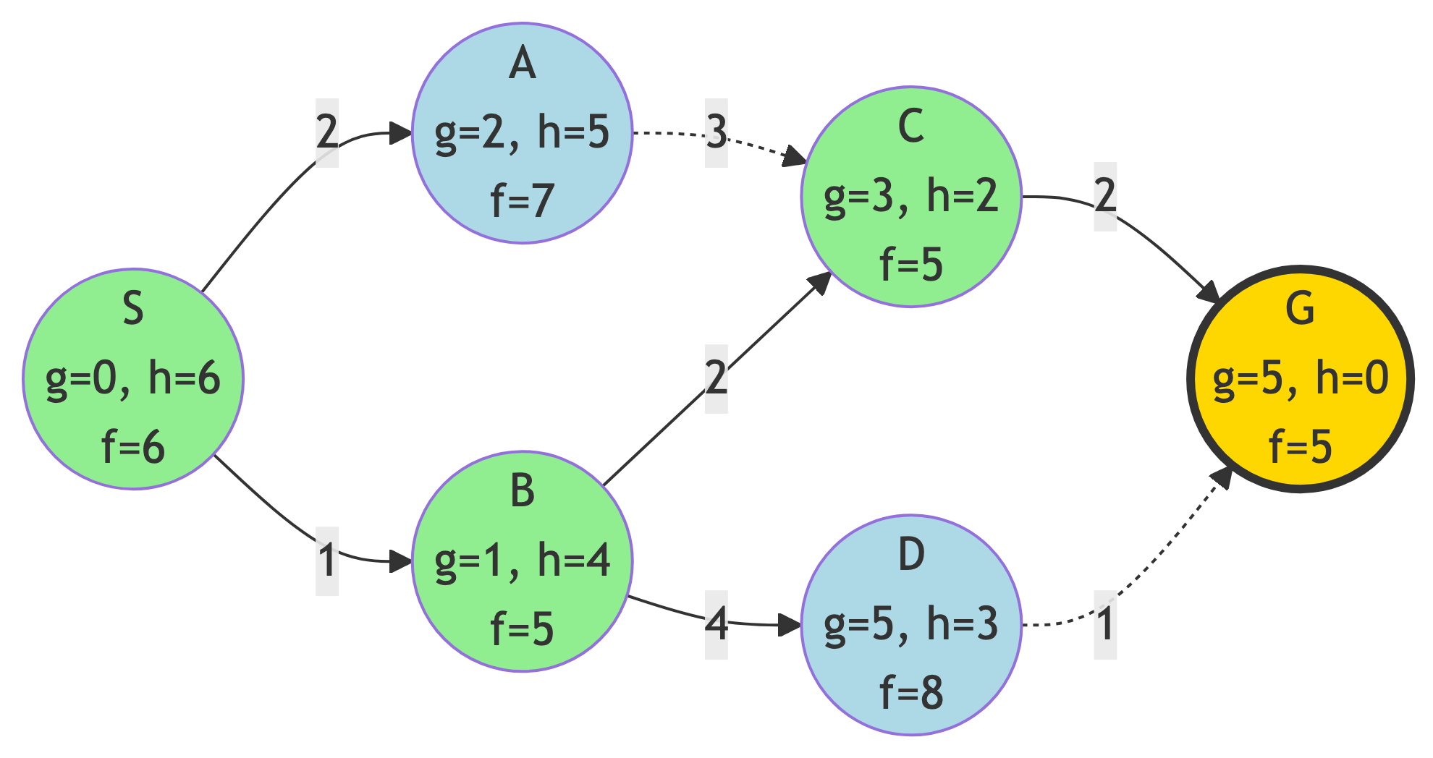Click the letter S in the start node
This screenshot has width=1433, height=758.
pos(133,309)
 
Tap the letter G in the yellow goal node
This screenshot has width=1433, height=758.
pos(1300,309)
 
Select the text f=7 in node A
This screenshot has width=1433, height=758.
pos(522,200)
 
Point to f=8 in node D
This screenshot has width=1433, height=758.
pos(911,692)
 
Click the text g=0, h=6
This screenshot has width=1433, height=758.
pos(133,378)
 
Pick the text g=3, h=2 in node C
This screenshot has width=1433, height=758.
pos(911,196)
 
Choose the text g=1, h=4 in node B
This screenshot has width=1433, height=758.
pos(522,561)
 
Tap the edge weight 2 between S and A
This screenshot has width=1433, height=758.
pos(327,132)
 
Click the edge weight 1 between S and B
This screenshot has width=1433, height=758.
pos(327,561)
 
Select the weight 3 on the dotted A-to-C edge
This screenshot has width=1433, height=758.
pos(716,132)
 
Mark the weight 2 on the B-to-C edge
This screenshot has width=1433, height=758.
pos(716,378)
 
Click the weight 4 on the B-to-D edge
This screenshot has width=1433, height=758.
pos(716,624)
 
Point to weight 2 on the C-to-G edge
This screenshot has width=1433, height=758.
pos(1105,196)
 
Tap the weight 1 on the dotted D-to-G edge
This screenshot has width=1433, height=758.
pos(1105,624)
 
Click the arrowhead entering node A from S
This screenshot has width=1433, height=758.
pos(400,133)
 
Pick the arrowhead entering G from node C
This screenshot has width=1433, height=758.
pos(1209,292)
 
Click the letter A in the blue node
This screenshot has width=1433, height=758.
pos(522,64)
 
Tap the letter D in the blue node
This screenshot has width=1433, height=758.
pos(911,555)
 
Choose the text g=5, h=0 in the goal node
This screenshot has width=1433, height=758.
pos(1300,378)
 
